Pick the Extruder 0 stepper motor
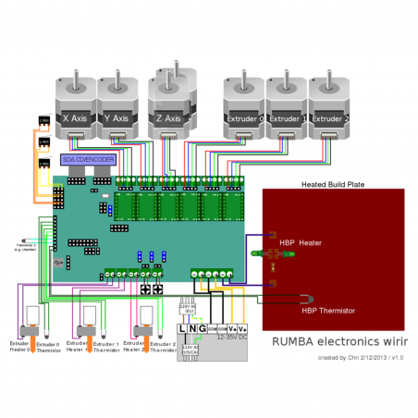click(x=245, y=106)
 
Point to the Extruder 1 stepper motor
click(x=288, y=106)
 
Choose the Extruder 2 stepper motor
click(x=330, y=106)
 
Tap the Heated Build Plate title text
click(x=333, y=184)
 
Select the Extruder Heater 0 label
click(x=19, y=346)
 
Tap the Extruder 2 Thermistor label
click(x=163, y=346)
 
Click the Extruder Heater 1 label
click(x=78, y=346)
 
